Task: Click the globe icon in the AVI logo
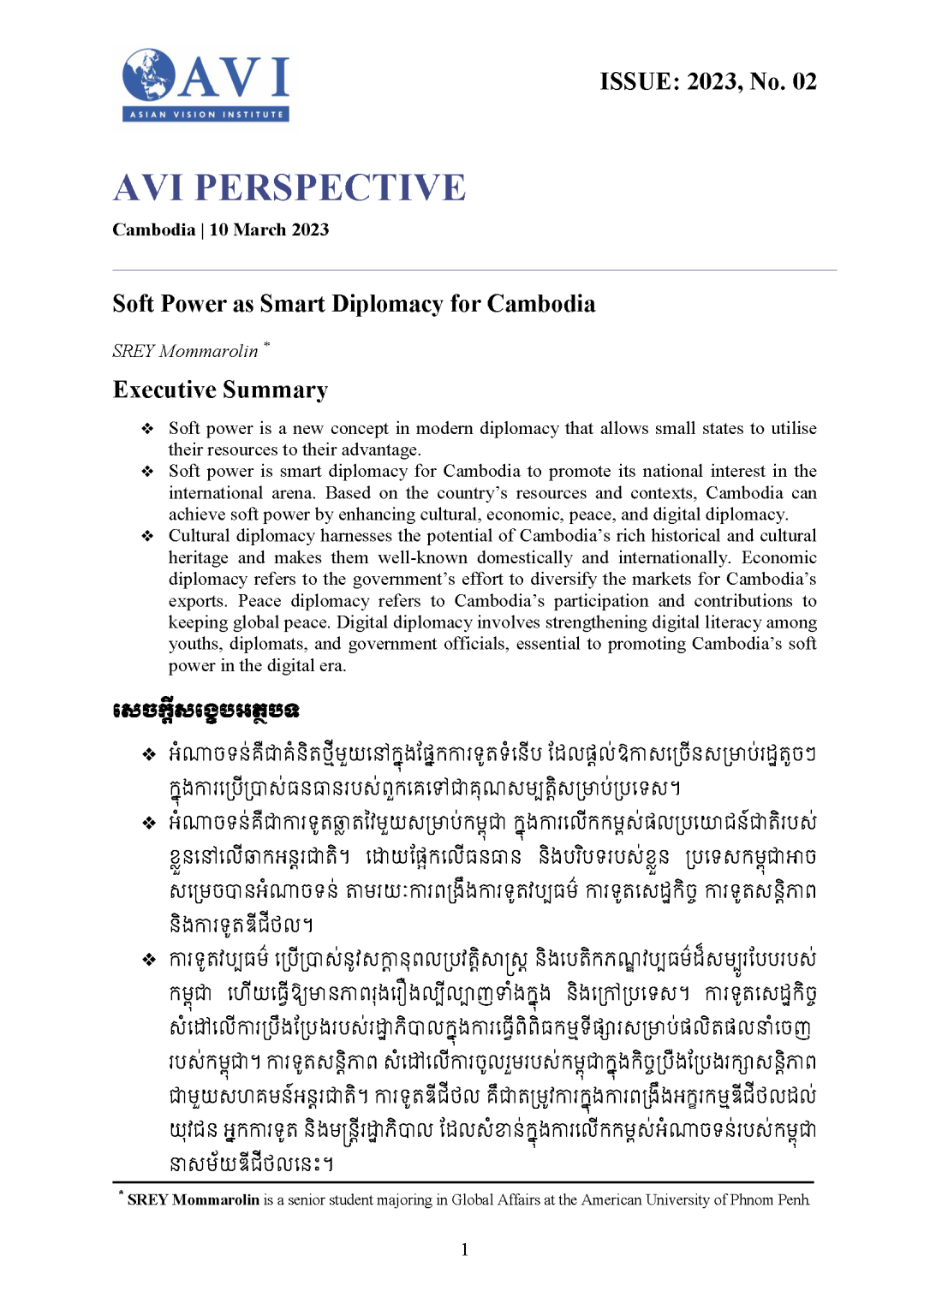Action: (x=148, y=74)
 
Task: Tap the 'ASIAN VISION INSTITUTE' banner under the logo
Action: (x=206, y=114)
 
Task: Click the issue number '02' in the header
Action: (x=804, y=81)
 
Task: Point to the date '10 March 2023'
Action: (x=269, y=229)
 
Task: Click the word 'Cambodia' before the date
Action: (x=154, y=229)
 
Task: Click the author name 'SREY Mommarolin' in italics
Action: (x=185, y=351)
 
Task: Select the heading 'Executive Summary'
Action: (x=221, y=390)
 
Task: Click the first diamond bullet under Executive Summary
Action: (x=147, y=428)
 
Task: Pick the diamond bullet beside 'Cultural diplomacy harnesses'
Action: (x=147, y=536)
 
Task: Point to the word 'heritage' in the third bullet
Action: (x=198, y=557)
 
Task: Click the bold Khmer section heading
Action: (x=206, y=711)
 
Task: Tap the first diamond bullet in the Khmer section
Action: (x=149, y=754)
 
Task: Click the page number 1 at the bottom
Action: (x=464, y=1250)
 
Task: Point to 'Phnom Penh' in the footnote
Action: (x=780, y=1199)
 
